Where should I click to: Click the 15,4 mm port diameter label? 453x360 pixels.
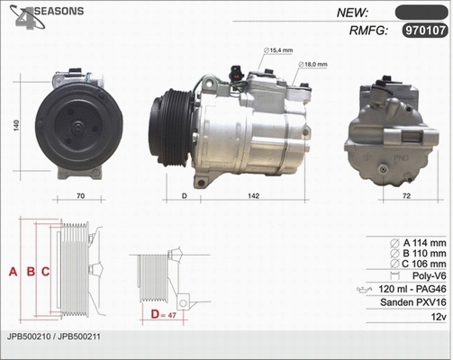click(x=282, y=51)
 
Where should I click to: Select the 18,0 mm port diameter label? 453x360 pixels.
click(x=313, y=65)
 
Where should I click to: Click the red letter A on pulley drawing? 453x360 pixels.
click(x=13, y=271)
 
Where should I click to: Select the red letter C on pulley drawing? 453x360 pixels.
click(x=44, y=271)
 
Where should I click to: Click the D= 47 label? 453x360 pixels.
click(x=164, y=314)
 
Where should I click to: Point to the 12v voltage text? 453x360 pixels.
click(x=439, y=318)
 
